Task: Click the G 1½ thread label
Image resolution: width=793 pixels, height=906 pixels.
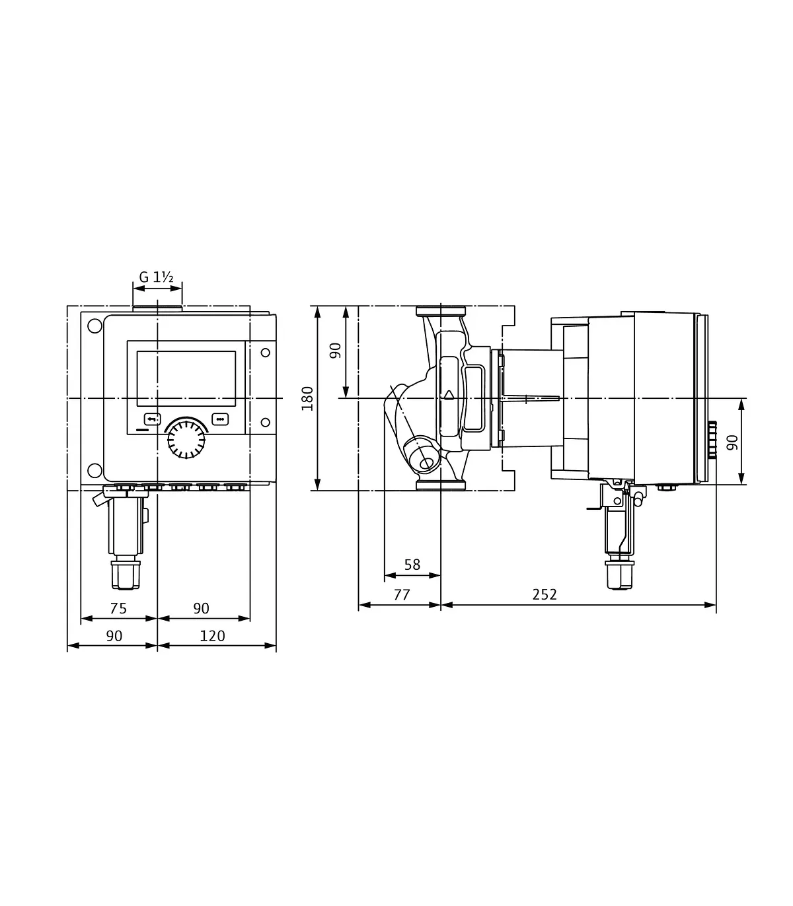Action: click(156, 277)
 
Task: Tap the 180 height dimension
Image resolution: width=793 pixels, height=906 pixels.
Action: click(307, 398)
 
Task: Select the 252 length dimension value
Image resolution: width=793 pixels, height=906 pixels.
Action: click(545, 594)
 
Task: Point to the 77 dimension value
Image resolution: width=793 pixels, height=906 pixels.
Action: click(402, 594)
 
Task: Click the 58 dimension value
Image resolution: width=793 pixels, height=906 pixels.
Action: click(412, 565)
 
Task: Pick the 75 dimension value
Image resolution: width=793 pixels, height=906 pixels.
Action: click(118, 608)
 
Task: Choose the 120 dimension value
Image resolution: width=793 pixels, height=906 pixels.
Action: click(212, 636)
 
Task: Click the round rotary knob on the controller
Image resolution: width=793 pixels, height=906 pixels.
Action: click(186, 439)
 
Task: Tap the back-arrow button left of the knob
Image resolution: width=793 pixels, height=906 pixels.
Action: click(153, 419)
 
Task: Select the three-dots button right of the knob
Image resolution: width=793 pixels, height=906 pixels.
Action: click(220, 419)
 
